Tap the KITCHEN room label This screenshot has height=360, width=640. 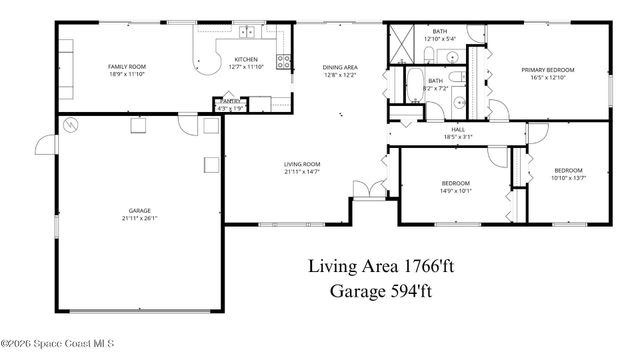[246, 59]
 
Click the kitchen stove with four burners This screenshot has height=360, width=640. [284, 60]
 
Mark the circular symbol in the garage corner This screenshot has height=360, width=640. [70, 125]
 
